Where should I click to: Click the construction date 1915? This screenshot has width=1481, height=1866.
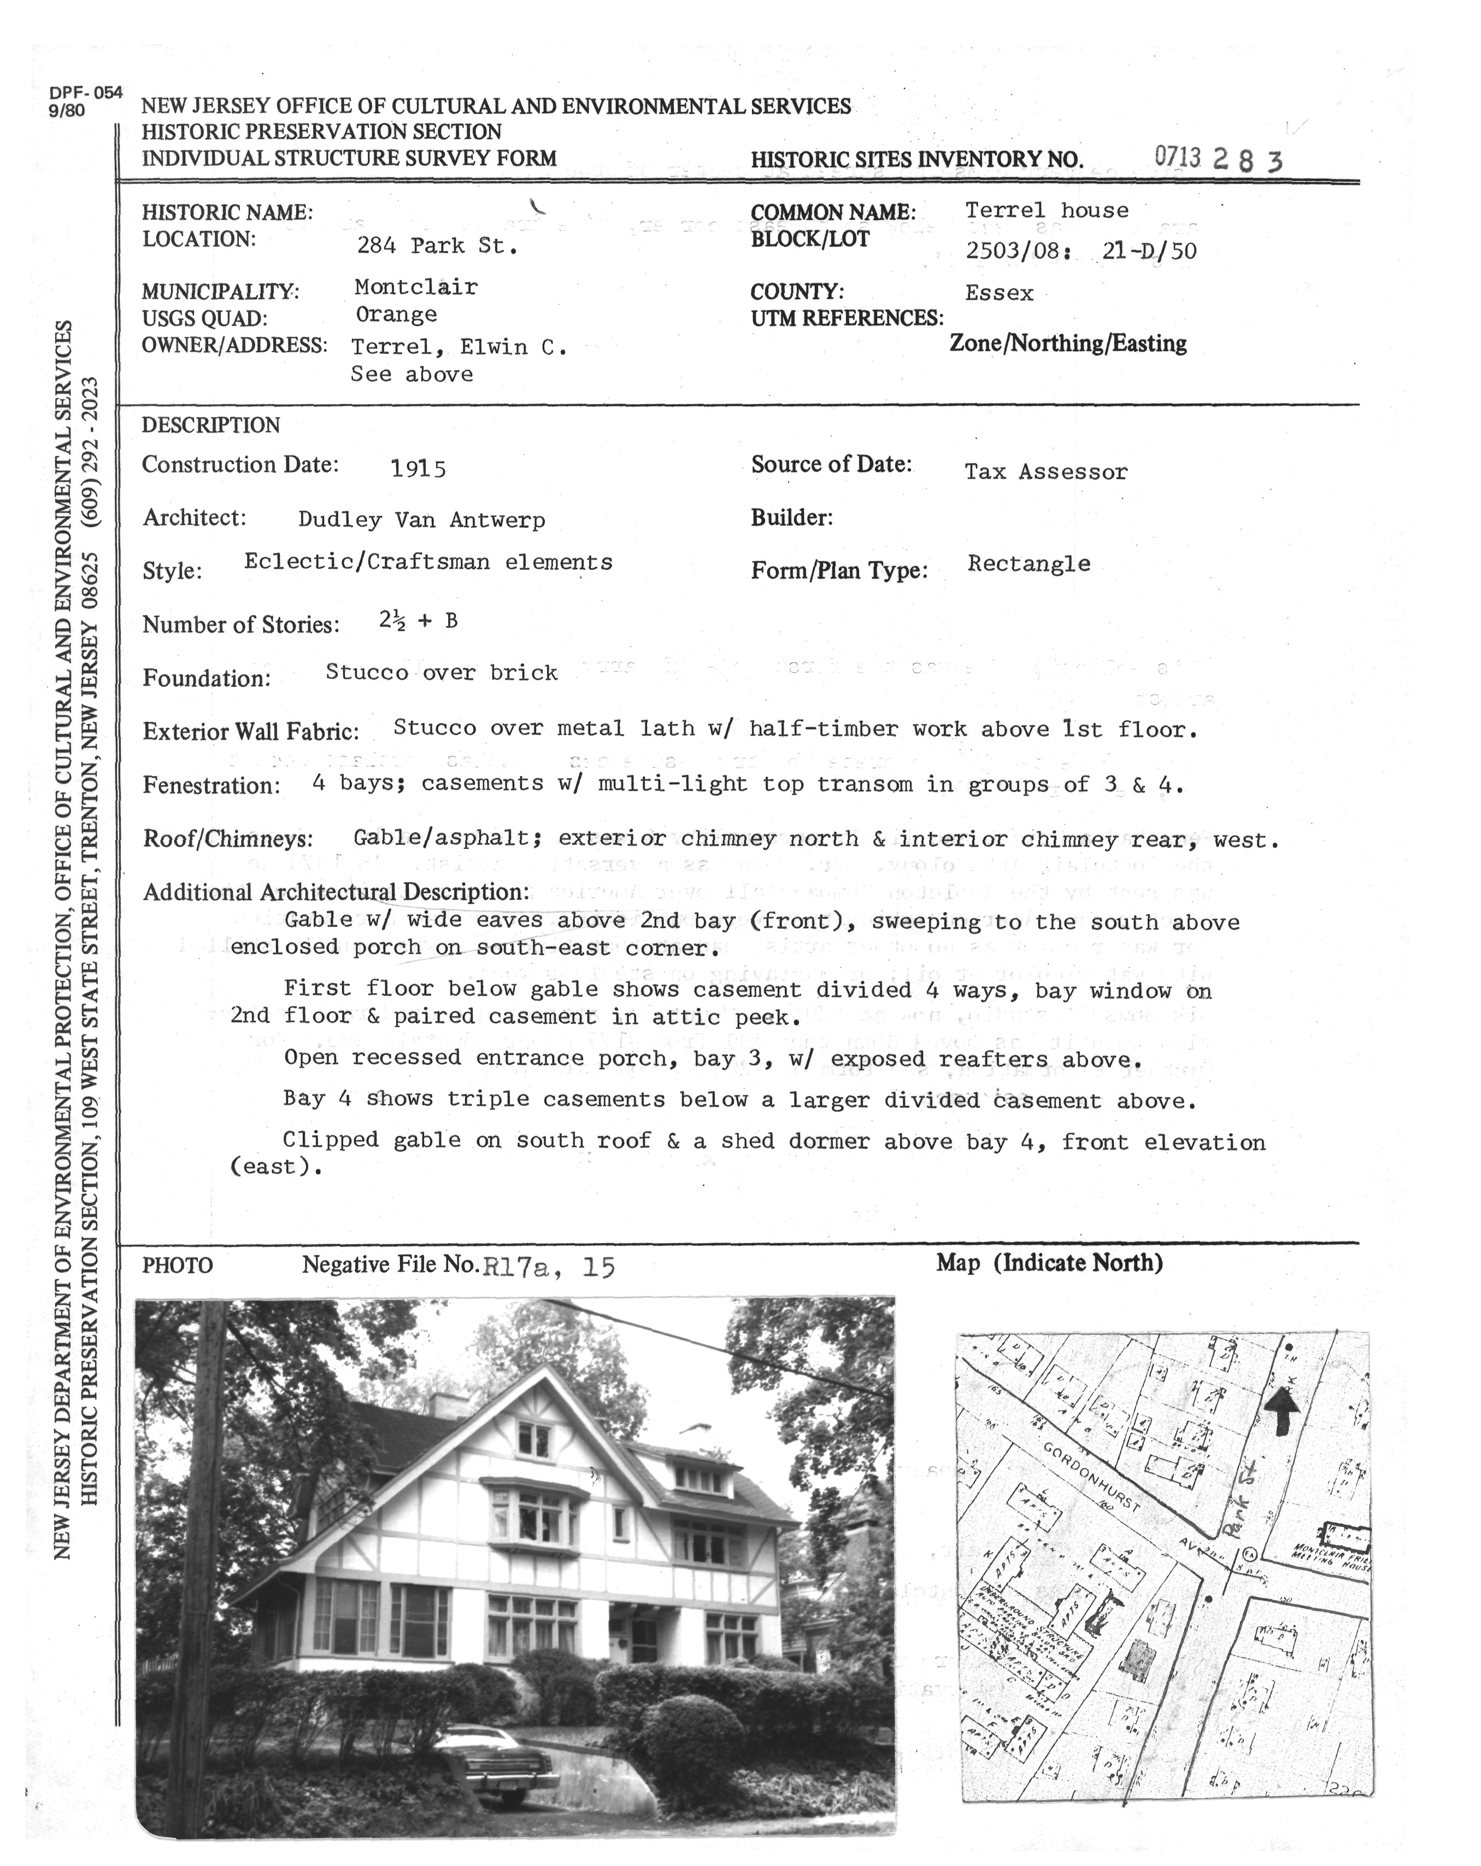[418, 469]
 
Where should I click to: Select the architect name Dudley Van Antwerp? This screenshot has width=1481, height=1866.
[421, 520]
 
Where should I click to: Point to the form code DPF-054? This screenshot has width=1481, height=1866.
[86, 94]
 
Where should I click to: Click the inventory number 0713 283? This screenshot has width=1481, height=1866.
[1218, 159]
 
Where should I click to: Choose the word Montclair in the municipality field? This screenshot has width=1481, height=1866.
[415, 287]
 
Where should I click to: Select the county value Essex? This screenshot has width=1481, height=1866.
[999, 293]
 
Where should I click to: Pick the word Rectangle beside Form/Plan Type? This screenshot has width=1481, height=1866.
[1029, 564]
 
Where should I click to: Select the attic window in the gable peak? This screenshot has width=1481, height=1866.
[534, 1440]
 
